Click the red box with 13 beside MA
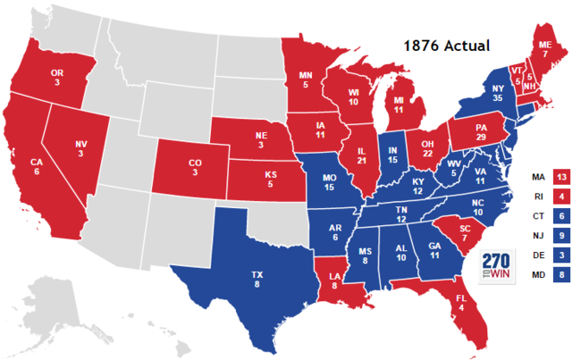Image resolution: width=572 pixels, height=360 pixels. pyautogui.click(x=561, y=177)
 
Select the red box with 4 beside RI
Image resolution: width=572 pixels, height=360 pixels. pyautogui.click(x=561, y=197)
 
